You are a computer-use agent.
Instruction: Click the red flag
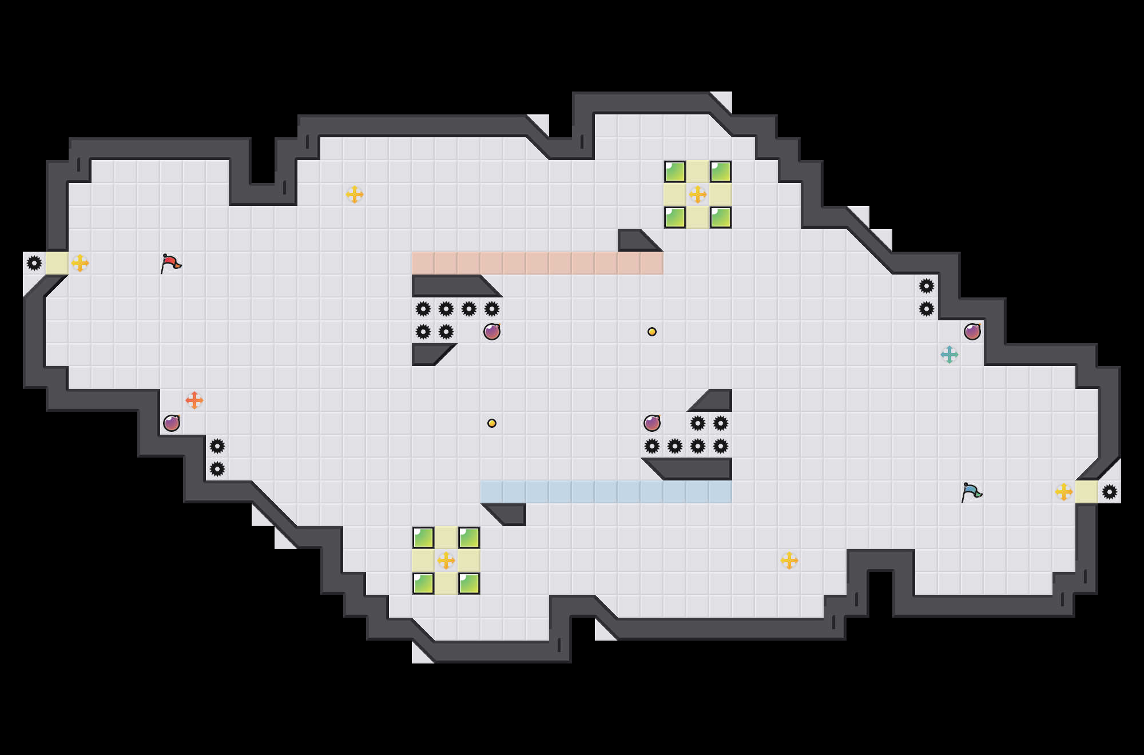tap(170, 264)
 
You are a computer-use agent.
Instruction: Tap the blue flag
tap(971, 492)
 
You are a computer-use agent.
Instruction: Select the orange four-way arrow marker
tap(194, 400)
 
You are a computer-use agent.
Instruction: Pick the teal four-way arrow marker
tap(950, 355)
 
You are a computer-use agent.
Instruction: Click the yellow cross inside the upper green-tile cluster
tap(698, 194)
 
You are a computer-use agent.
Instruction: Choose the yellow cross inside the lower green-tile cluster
tap(446, 561)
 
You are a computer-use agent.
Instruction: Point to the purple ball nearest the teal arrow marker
tap(972, 332)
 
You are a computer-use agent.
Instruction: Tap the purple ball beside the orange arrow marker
tap(172, 423)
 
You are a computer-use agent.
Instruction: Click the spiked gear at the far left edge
tap(34, 263)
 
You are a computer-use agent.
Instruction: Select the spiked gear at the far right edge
tap(1110, 492)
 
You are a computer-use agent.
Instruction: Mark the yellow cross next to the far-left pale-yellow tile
tap(80, 263)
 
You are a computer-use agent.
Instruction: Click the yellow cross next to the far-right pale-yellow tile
tap(1064, 492)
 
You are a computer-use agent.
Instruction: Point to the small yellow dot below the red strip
tap(652, 332)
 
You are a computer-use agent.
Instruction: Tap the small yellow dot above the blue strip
tap(492, 423)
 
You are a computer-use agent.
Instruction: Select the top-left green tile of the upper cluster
tap(675, 172)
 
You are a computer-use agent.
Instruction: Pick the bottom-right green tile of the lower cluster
tap(469, 583)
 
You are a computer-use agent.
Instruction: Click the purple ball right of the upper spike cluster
tap(492, 332)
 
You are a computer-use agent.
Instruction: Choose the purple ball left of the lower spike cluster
tap(652, 423)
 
